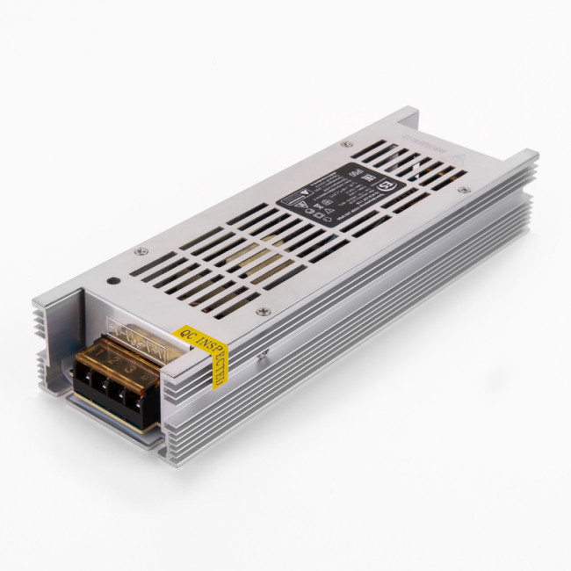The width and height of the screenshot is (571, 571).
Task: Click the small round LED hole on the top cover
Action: (114, 282)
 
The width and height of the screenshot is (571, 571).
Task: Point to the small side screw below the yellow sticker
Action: (261, 356)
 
